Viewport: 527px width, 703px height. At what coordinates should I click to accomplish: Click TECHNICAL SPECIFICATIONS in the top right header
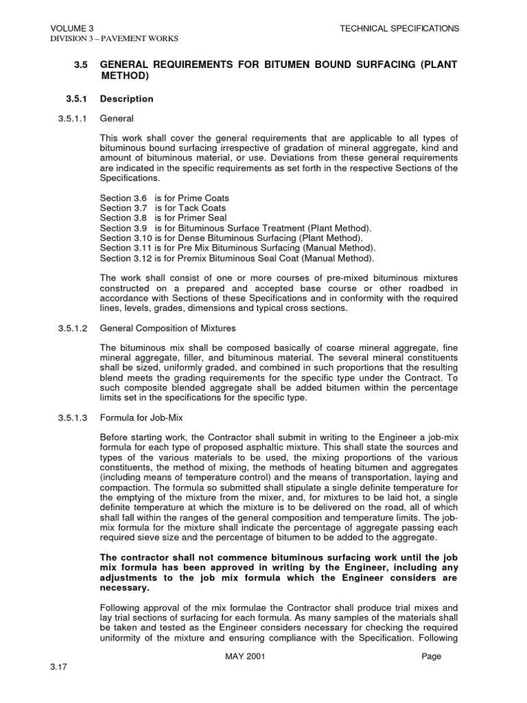pyautogui.click(x=399, y=28)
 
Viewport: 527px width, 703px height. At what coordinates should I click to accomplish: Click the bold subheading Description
pyautogui.click(x=127, y=99)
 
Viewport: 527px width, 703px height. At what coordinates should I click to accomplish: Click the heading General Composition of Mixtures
pyautogui.click(x=167, y=328)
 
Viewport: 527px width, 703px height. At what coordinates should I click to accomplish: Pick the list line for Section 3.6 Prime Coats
pyautogui.click(x=165, y=198)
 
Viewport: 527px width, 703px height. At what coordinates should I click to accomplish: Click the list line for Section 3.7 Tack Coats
pyautogui.click(x=163, y=208)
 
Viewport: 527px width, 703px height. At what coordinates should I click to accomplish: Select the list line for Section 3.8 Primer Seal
pyautogui.click(x=163, y=218)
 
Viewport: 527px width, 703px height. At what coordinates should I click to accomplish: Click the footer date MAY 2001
pyautogui.click(x=245, y=656)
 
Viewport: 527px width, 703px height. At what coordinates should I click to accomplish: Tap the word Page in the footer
pyautogui.click(x=432, y=656)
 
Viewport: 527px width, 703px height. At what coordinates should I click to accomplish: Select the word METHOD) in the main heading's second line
pyautogui.click(x=124, y=76)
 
